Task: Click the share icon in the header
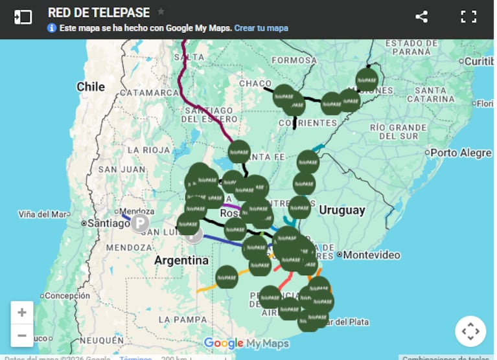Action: pyautogui.click(x=421, y=17)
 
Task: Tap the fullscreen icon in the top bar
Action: pyautogui.click(x=468, y=17)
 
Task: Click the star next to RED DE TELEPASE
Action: pyautogui.click(x=161, y=12)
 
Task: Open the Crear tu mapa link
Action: pyautogui.click(x=261, y=28)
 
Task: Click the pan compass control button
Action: pyautogui.click(x=470, y=332)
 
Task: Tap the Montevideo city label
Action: pyautogui.click(x=371, y=255)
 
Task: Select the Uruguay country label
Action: pyautogui.click(x=341, y=210)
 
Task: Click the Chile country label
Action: pyautogui.click(x=90, y=87)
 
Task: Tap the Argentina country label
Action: pyautogui.click(x=181, y=261)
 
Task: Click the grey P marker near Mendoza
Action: pyautogui.click(x=140, y=224)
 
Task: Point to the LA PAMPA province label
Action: pyautogui.click(x=182, y=319)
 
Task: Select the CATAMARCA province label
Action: pyautogui.click(x=148, y=93)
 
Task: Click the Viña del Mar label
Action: pyautogui.click(x=43, y=214)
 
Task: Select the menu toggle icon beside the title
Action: pyautogui.click(x=23, y=17)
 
